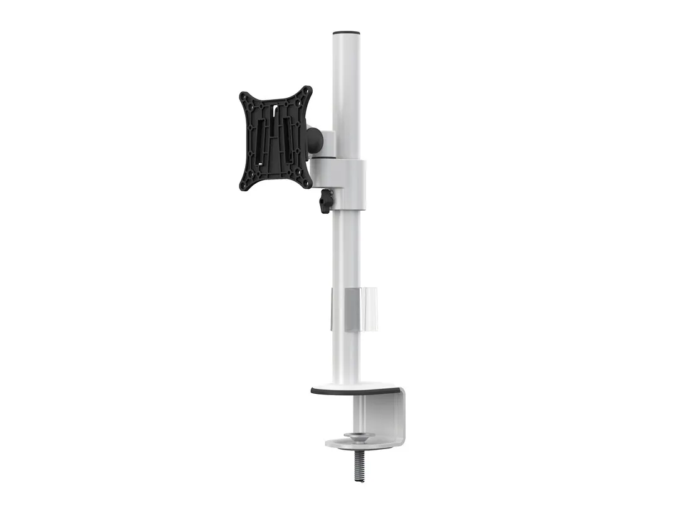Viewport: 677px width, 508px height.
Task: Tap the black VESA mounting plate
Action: click(x=276, y=139)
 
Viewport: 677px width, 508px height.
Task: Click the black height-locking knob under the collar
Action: click(x=325, y=202)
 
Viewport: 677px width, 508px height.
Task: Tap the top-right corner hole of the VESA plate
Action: click(x=306, y=92)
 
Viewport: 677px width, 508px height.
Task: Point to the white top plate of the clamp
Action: click(x=354, y=386)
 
